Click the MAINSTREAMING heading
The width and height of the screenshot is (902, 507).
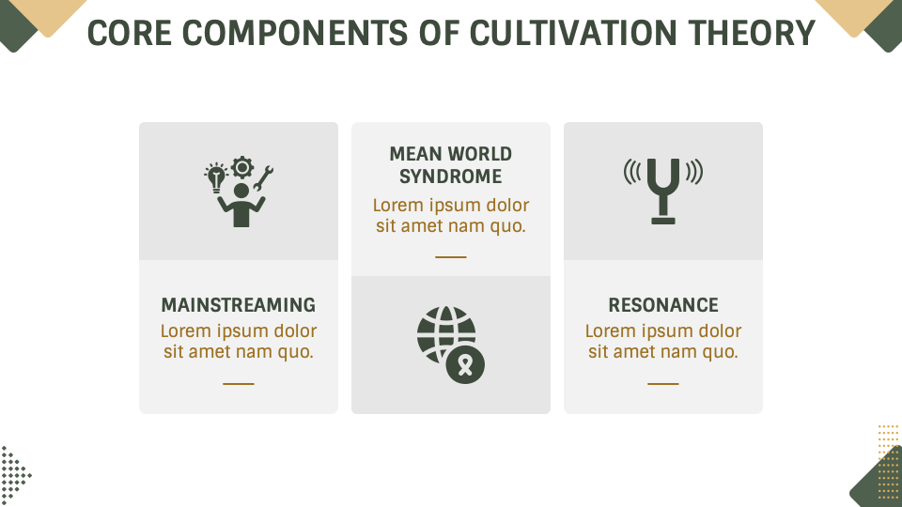click(x=239, y=305)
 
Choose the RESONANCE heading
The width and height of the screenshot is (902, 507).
click(x=663, y=305)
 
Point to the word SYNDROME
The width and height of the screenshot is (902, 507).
click(x=451, y=177)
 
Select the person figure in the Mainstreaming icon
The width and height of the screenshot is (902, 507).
click(x=241, y=207)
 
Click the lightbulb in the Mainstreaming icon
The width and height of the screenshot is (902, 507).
click(x=217, y=177)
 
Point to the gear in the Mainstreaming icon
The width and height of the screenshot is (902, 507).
click(x=242, y=167)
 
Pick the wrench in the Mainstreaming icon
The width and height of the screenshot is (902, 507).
click(x=263, y=176)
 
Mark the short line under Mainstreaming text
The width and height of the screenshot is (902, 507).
click(x=239, y=383)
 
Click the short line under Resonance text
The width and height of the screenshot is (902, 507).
click(x=663, y=383)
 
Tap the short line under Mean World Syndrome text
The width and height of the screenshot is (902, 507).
click(x=451, y=256)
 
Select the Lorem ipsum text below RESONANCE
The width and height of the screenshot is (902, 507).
click(x=663, y=342)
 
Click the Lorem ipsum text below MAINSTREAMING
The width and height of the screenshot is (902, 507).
click(x=239, y=342)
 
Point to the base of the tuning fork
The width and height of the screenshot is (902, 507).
click(x=663, y=221)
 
